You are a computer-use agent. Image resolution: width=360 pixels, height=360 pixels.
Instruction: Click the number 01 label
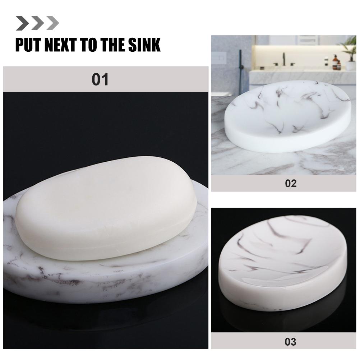pyautogui.click(x=100, y=79)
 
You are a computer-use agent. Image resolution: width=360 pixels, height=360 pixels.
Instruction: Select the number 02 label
pyautogui.click(x=291, y=183)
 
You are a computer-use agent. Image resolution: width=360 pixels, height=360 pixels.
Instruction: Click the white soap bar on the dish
pyautogui.click(x=106, y=208)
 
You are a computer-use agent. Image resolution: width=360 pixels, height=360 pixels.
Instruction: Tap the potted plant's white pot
pyautogui.click(x=351, y=65)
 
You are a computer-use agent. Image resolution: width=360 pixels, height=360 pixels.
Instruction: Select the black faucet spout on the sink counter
pyautogui.click(x=284, y=59)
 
